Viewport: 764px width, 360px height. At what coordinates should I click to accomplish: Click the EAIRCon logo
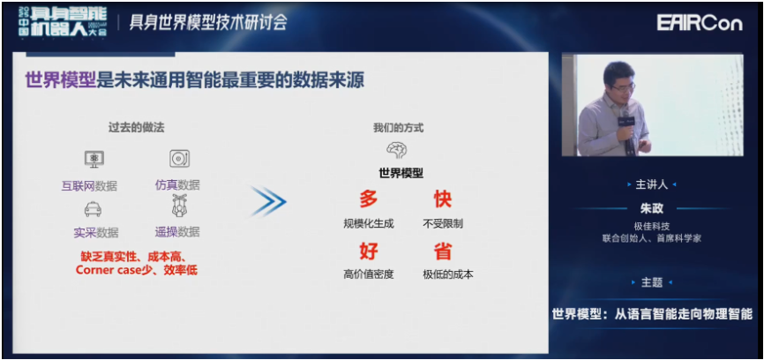[x=699, y=22]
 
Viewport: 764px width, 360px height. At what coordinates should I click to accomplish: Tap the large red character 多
[x=369, y=199]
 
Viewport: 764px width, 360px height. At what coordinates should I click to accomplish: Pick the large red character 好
[x=369, y=251]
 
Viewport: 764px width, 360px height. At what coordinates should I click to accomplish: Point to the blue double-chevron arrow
[x=268, y=200]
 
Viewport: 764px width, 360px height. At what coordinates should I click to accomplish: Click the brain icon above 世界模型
[x=395, y=150]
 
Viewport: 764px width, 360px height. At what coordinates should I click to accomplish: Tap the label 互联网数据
[x=89, y=185]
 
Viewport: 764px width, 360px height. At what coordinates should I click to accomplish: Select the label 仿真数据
[x=177, y=184]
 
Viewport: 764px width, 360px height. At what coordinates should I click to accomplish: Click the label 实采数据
[x=96, y=232]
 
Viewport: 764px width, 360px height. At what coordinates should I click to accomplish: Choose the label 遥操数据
[x=177, y=231]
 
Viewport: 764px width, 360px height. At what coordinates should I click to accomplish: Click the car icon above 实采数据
[x=93, y=210]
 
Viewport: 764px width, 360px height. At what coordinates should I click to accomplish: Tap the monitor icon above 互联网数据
[x=94, y=159]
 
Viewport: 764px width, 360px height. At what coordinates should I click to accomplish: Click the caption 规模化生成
[x=369, y=223]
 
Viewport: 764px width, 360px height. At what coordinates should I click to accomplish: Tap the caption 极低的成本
[x=448, y=274]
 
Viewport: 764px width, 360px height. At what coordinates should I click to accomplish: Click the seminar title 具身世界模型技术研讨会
[x=208, y=23]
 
